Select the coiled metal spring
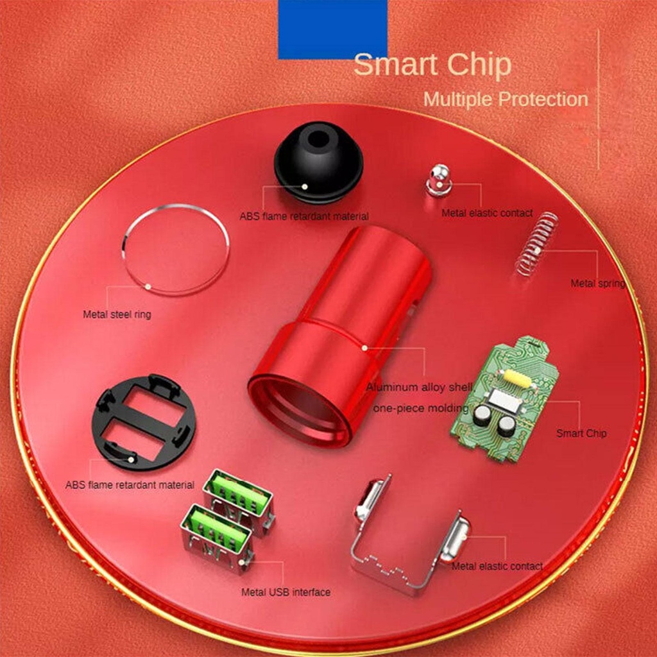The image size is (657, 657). click(x=537, y=244)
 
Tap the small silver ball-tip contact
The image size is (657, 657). click(x=439, y=179)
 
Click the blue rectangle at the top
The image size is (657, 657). click(x=332, y=29)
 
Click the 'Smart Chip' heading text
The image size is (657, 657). click(x=432, y=65)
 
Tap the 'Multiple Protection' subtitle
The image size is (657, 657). click(x=506, y=99)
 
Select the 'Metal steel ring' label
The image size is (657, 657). click(x=117, y=314)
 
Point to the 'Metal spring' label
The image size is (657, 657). click(x=597, y=283)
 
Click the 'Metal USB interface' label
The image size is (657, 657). click(x=286, y=592)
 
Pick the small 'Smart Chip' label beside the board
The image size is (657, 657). click(x=581, y=433)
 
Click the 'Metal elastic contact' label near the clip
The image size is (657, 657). click(x=497, y=566)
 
